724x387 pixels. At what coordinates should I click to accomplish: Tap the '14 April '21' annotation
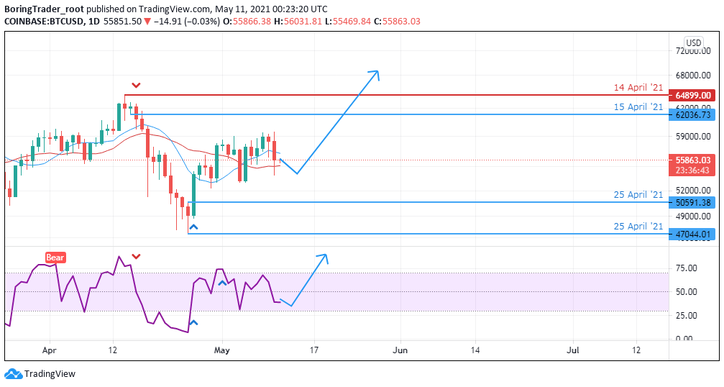[x=638, y=88]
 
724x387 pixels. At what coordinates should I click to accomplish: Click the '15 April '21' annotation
[x=638, y=107]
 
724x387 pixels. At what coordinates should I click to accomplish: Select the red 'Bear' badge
[x=55, y=257]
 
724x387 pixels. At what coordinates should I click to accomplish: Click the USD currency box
[x=694, y=42]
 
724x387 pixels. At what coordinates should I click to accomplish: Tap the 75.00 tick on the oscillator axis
[x=687, y=268]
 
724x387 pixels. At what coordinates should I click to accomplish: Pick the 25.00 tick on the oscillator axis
[x=687, y=315]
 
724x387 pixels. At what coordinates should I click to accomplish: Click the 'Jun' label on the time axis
[x=400, y=350]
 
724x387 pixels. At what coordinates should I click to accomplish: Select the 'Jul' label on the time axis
[x=574, y=350]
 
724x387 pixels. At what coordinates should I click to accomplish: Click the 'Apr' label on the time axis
[x=50, y=350]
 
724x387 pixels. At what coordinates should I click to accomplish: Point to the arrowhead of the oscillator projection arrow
[x=324, y=256]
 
